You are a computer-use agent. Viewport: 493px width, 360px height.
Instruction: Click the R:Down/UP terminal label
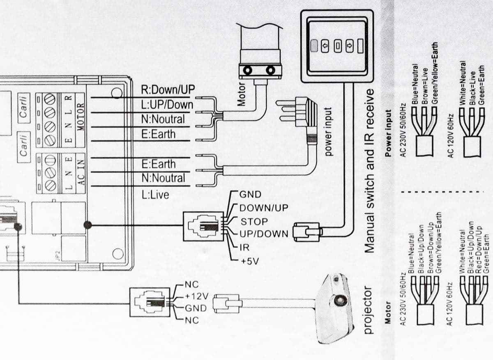point(168,89)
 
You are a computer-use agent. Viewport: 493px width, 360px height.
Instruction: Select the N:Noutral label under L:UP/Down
point(163,119)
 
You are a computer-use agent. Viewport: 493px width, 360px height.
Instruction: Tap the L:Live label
point(155,195)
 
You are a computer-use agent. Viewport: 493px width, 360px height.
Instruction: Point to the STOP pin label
point(254,222)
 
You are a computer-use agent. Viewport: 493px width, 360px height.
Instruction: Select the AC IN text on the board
point(81,172)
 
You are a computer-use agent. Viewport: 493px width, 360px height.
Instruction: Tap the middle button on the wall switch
point(337,45)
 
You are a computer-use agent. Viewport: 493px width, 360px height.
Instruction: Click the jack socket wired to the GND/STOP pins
point(203,227)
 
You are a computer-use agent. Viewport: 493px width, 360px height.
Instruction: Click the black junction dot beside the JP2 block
point(87,225)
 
